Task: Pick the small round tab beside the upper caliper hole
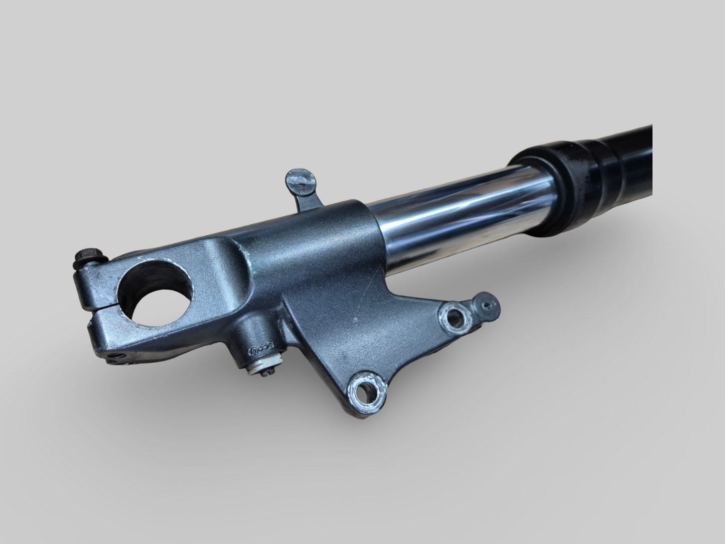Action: pyautogui.click(x=486, y=305)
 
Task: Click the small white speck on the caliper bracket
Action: pyautogui.click(x=355, y=320)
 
